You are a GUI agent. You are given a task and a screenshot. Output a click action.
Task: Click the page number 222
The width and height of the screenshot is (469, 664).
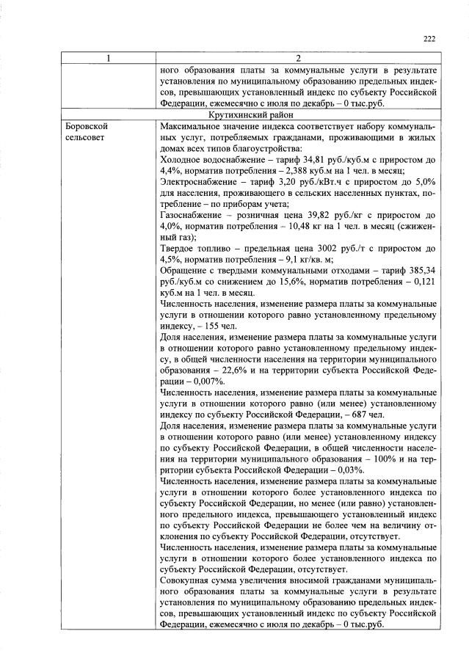(430, 40)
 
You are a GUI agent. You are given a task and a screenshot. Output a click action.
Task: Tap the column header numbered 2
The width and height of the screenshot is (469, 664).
(298, 58)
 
